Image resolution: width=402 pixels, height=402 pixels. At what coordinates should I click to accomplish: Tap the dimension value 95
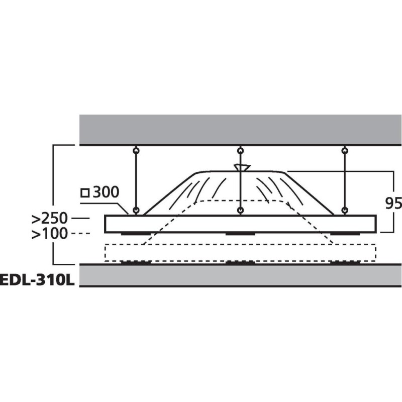click(x=393, y=203)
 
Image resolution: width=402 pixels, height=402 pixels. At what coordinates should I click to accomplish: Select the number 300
click(x=105, y=192)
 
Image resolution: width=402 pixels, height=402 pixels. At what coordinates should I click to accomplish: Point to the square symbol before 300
click(x=85, y=192)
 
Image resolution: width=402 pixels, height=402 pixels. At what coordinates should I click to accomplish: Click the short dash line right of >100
click(x=81, y=234)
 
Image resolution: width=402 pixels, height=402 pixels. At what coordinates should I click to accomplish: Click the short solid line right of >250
click(x=81, y=219)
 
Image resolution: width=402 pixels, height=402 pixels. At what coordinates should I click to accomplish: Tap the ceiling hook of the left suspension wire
click(x=136, y=150)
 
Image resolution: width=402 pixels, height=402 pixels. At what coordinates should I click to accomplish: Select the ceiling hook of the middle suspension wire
click(x=241, y=150)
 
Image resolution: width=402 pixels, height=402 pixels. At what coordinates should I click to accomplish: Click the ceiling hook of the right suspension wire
click(x=344, y=150)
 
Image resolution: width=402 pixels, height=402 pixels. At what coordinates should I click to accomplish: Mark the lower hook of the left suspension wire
click(x=136, y=210)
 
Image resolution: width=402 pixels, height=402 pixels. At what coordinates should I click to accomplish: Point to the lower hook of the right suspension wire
click(x=344, y=210)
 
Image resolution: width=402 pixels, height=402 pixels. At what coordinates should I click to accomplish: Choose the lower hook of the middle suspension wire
click(x=241, y=210)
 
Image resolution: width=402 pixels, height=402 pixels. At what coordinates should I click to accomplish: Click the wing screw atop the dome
click(x=241, y=167)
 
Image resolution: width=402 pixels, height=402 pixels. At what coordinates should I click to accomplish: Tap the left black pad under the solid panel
click(x=136, y=234)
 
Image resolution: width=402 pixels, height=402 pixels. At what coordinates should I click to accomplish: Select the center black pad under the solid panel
click(x=241, y=234)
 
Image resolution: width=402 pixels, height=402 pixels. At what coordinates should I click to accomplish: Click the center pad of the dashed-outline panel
click(x=241, y=262)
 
